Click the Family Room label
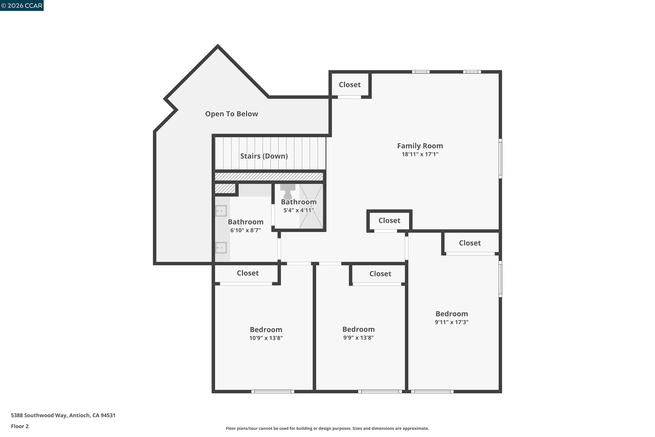(x=420, y=146)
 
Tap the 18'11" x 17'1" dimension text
(x=420, y=154)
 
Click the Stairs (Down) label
(x=264, y=156)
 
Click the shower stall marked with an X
(x=311, y=206)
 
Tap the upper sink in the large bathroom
(x=221, y=211)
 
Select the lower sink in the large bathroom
(x=221, y=248)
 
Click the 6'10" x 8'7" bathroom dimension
(x=245, y=230)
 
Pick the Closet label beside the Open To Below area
(x=350, y=85)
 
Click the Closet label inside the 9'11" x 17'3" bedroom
(x=470, y=243)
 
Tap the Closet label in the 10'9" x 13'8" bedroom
(x=248, y=273)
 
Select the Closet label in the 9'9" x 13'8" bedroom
(x=380, y=274)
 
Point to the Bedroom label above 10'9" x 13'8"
(x=266, y=330)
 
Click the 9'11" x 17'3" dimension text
(x=452, y=322)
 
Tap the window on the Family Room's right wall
(x=500, y=159)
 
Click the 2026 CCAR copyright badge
(x=22, y=6)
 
